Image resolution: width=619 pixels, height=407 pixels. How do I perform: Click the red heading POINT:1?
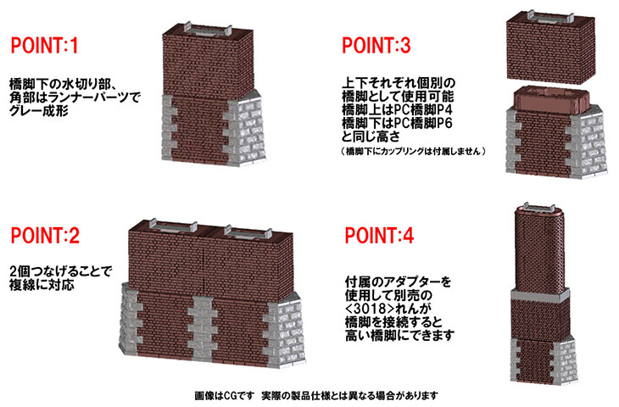pyautogui.click(x=45, y=46)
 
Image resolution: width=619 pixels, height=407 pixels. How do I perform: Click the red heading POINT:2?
pyautogui.click(x=45, y=236)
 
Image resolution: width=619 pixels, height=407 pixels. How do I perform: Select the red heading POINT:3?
pyautogui.click(x=376, y=46)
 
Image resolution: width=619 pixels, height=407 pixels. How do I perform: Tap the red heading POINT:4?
pyautogui.click(x=379, y=236)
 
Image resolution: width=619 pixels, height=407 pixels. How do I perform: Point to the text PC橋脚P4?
pyautogui.click(x=423, y=109)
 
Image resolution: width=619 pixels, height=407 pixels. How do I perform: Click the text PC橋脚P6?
pyautogui.click(x=423, y=123)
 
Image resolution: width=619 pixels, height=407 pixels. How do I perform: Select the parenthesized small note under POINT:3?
pyautogui.click(x=413, y=151)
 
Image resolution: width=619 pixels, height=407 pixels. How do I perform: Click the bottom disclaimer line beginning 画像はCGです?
pyautogui.click(x=316, y=395)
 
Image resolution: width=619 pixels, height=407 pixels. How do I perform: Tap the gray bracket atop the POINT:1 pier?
pyautogui.click(x=209, y=29)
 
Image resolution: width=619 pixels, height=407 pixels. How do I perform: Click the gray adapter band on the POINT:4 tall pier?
pyautogui.click(x=540, y=296)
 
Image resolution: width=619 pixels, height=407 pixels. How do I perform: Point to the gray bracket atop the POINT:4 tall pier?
pyautogui.click(x=539, y=209)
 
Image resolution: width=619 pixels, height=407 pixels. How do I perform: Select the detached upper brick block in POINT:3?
pyautogui.click(x=550, y=47)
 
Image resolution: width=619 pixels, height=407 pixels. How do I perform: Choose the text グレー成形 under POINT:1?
pyautogui.click(x=39, y=111)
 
